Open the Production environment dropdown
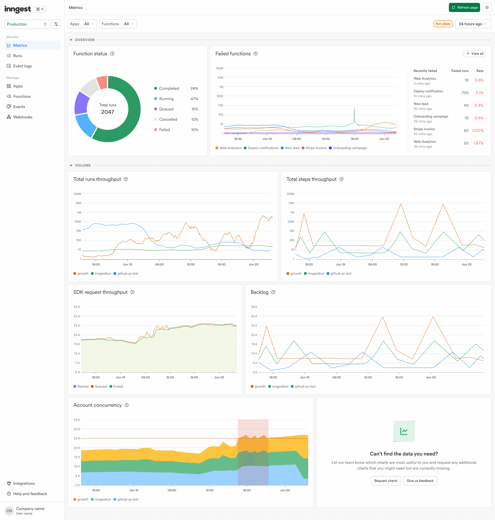point(27,24)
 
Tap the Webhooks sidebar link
point(22,117)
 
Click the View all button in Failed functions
point(474,54)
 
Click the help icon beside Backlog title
point(273,292)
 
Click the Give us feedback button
point(420,481)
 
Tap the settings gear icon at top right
point(487,7)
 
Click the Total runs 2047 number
point(108,112)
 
